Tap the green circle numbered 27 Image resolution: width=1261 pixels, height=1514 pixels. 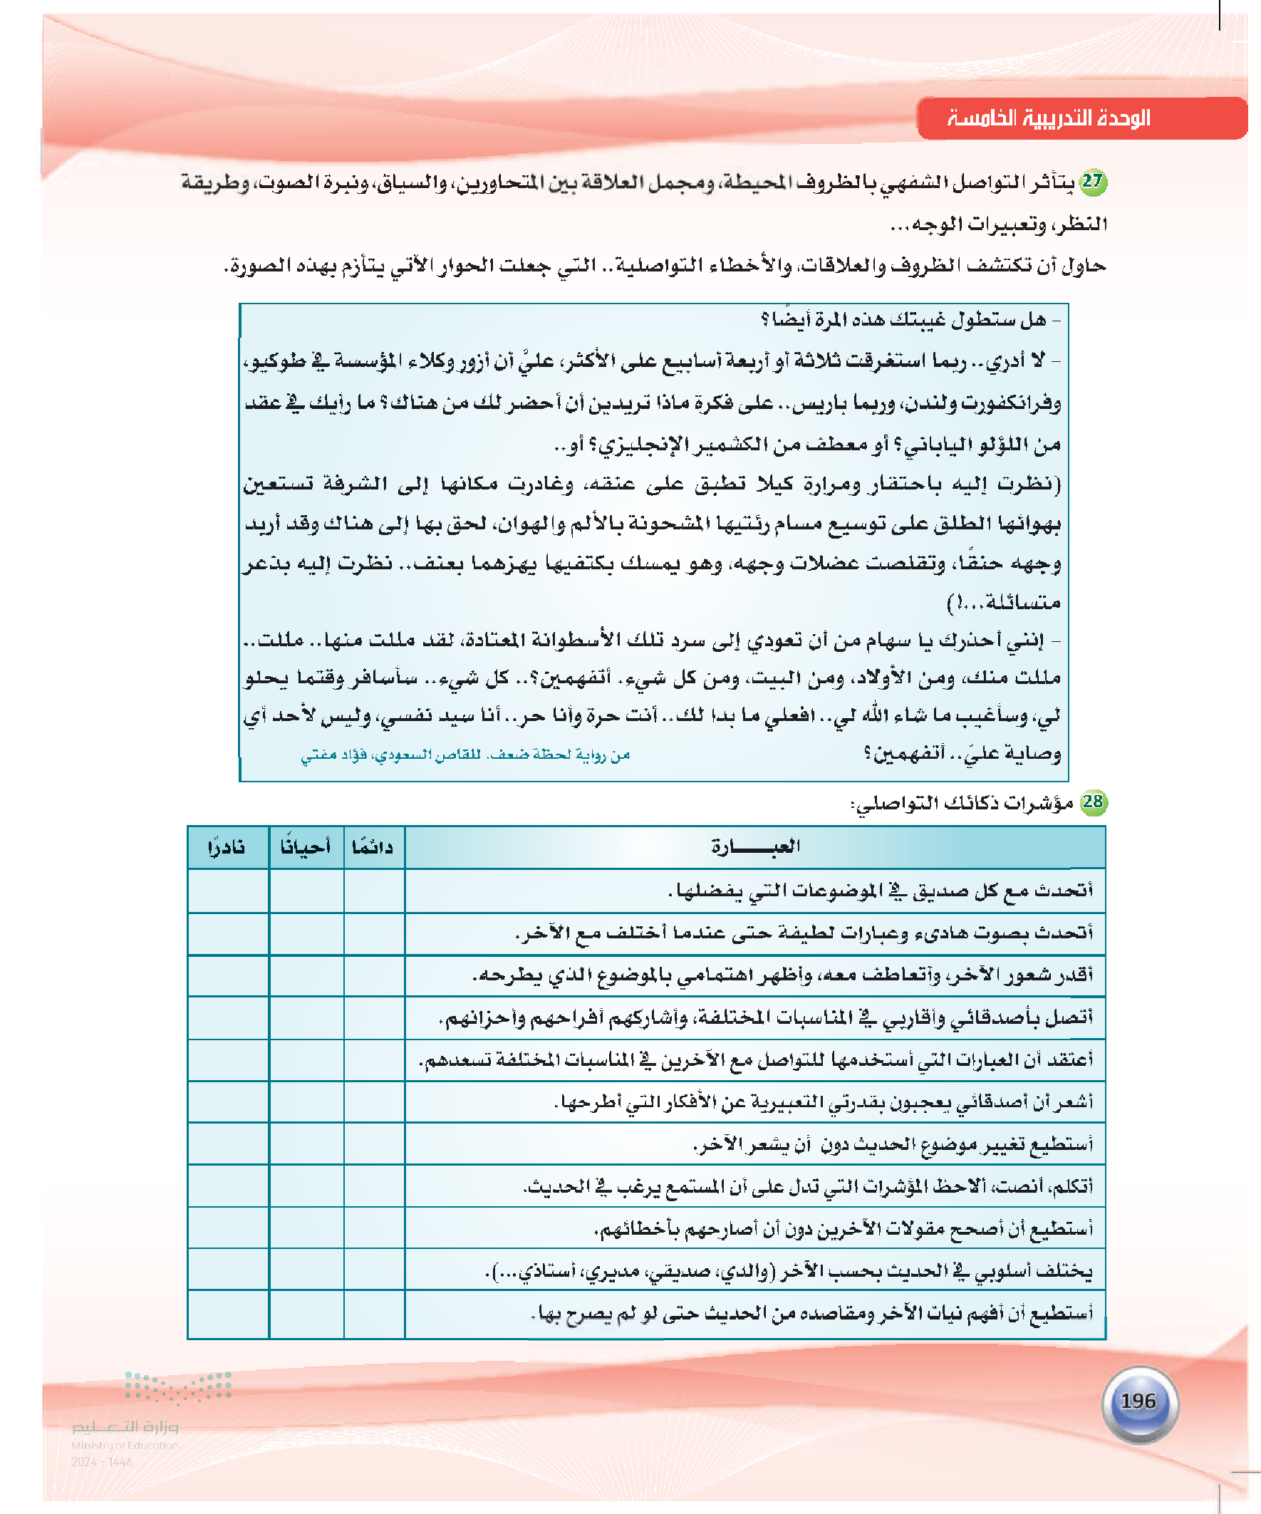(1093, 182)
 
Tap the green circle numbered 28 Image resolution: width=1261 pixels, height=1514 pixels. (1093, 802)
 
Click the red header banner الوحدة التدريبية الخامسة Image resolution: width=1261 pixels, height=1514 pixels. (1081, 118)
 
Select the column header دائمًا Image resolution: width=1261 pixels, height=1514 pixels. (373, 847)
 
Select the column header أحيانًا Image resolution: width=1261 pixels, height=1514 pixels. (306, 847)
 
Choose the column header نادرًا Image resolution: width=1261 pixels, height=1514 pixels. (227, 847)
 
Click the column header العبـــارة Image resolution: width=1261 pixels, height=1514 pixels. (755, 846)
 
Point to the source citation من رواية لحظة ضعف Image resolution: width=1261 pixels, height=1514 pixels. (465, 755)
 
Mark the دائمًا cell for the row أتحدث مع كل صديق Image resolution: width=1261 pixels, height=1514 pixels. (373, 891)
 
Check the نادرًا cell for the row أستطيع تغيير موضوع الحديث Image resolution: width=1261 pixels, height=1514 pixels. (227, 1144)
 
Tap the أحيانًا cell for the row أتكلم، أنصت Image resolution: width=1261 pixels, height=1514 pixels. (306, 1186)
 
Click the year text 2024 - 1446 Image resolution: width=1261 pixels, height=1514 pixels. (102, 1462)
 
